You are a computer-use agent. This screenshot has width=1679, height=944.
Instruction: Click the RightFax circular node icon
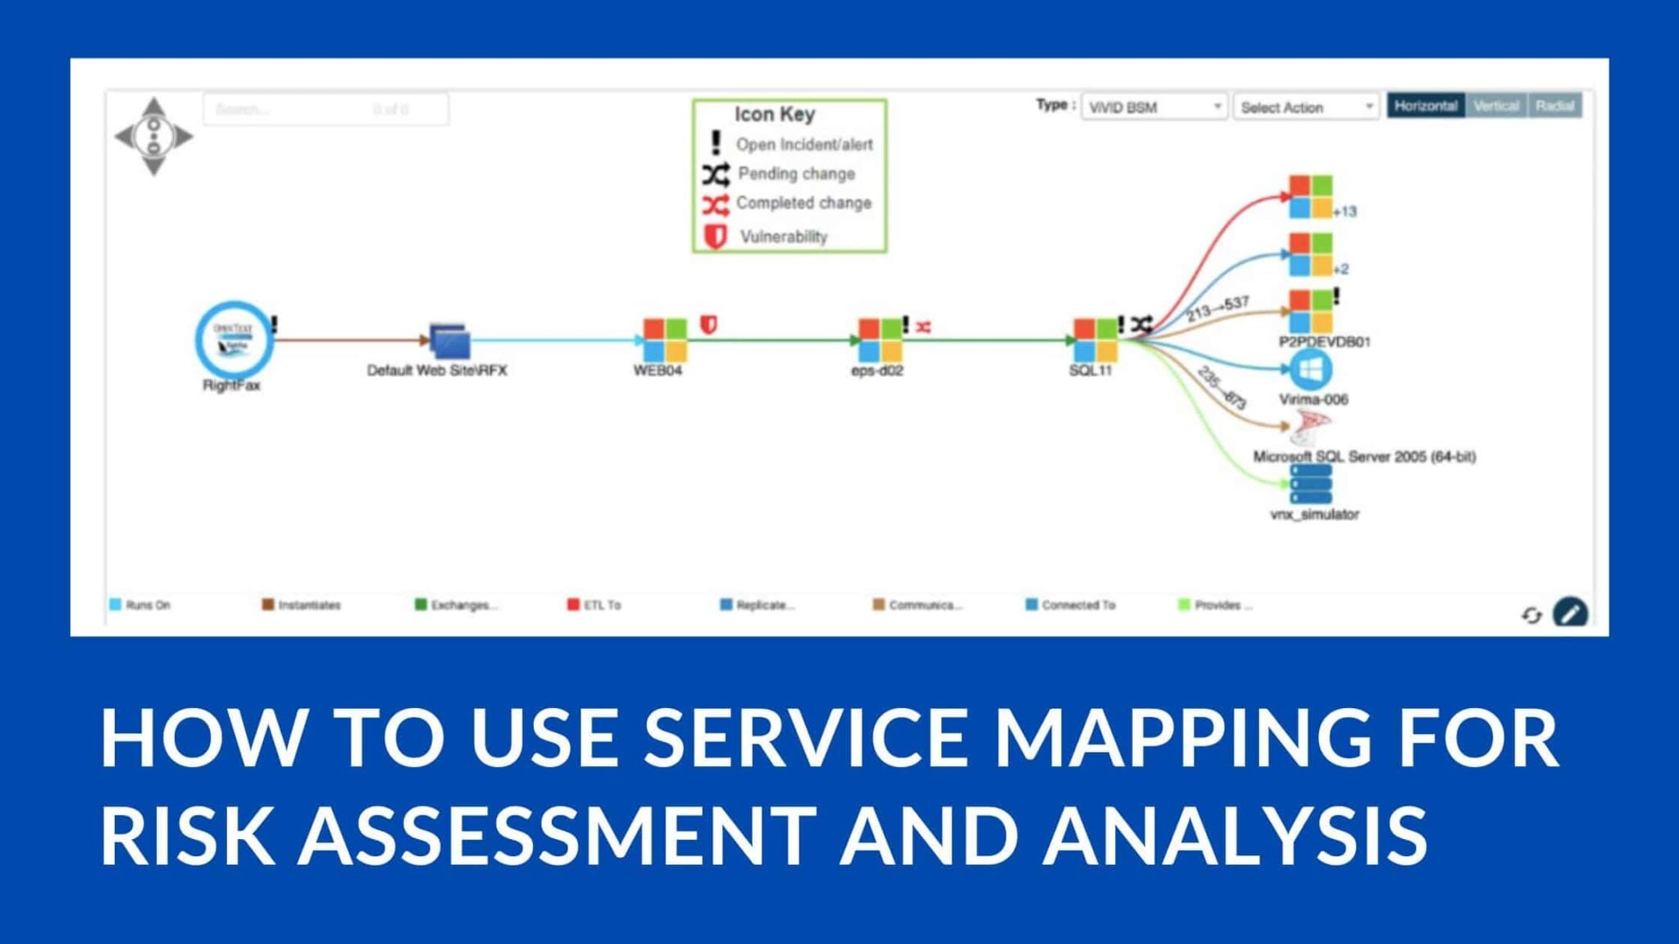coord(234,339)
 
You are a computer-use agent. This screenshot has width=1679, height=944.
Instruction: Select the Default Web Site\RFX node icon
coord(450,341)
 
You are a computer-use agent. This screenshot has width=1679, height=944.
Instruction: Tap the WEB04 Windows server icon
coord(665,340)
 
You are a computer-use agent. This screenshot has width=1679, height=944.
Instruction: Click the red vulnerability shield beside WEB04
coord(709,325)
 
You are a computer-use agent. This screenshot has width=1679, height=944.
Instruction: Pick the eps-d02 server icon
coord(880,340)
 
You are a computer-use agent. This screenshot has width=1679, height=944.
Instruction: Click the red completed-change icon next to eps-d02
coord(924,327)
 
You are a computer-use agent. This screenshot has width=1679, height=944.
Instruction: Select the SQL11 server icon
coord(1095,340)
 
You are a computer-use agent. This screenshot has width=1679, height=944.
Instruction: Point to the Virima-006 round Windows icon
coord(1311,370)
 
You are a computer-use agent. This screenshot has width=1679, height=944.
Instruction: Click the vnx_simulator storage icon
coord(1311,483)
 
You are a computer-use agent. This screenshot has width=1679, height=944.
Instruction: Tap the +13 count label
coord(1345,211)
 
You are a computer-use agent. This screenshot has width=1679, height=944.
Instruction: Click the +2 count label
coord(1341,269)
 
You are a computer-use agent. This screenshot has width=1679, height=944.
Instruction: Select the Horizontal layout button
coord(1426,106)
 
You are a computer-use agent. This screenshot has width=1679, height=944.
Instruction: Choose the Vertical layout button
coord(1496,106)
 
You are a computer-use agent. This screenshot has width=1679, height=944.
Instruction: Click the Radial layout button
coord(1554,106)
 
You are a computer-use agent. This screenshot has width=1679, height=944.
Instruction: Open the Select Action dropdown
coord(1306,107)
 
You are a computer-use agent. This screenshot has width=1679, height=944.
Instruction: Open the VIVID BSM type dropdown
coord(1154,107)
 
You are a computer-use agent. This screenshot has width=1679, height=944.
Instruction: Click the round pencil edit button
coord(1570,612)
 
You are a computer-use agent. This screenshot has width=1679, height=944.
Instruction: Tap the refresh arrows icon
coord(1531,615)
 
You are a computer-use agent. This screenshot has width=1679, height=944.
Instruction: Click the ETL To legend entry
coord(595,605)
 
